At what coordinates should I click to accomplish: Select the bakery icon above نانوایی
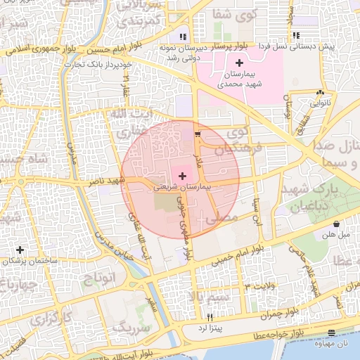click(320, 91)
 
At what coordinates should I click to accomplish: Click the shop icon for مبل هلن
click(337, 224)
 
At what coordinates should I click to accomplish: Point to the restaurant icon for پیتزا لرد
click(210, 318)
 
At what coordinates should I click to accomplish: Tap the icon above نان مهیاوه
click(332, 333)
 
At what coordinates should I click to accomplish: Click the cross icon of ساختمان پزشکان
click(20, 250)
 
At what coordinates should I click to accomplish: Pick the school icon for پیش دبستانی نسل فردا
click(296, 35)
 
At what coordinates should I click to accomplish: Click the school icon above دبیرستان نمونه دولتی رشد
click(183, 36)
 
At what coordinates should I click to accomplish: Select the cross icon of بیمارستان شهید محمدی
click(239, 63)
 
